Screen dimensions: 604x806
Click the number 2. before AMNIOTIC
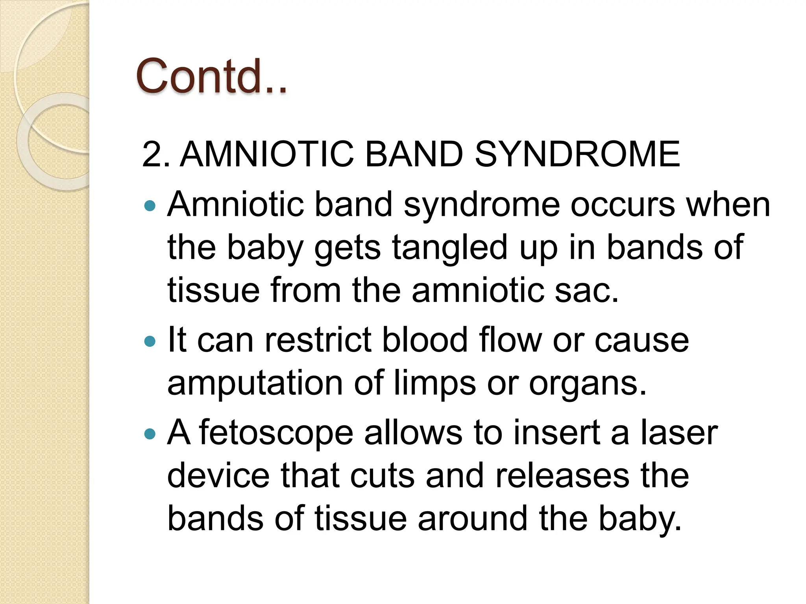[155, 154]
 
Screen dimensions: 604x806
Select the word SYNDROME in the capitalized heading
[577, 154]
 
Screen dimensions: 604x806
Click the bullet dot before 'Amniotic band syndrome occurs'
[150, 205]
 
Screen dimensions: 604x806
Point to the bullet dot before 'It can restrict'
[150, 341]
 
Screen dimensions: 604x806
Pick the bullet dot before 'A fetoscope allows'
[150, 434]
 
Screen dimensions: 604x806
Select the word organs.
[587, 384]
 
